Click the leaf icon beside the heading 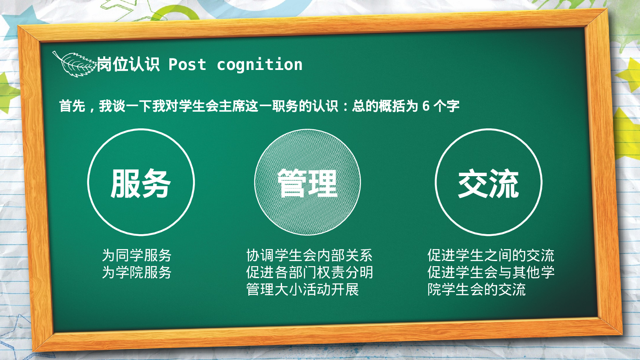[73, 64]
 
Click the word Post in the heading [187, 65]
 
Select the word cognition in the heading [259, 65]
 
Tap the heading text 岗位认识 [128, 65]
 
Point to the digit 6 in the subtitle [425, 106]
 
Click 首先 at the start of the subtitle [72, 106]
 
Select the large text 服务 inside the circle [141, 183]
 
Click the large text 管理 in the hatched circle [307, 183]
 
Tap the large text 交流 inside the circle [489, 183]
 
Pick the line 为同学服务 [137, 255]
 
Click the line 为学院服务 [137, 272]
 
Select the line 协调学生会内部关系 [309, 255]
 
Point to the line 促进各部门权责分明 [309, 272]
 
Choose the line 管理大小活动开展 [303, 289]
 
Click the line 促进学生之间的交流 [491, 255]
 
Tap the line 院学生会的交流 [477, 289]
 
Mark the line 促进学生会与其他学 [491, 272]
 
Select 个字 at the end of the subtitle [446, 106]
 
